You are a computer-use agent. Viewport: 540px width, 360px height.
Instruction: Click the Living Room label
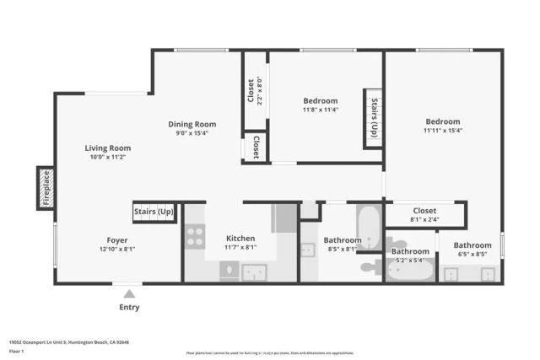108,148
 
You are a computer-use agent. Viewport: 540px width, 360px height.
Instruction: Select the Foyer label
117,239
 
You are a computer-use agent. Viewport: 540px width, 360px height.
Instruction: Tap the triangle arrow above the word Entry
129,293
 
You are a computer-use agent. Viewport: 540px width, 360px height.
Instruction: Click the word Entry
129,307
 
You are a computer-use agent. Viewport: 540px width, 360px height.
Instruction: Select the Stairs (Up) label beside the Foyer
154,211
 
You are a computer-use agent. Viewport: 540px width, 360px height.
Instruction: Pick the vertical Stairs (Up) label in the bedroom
374,118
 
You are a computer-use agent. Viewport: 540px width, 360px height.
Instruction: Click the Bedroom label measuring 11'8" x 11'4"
320,100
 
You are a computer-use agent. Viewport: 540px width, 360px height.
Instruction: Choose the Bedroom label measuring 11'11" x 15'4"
442,121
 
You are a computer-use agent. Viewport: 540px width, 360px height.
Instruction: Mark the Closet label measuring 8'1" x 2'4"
424,211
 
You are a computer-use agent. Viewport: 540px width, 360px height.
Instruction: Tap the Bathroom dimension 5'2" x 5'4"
410,260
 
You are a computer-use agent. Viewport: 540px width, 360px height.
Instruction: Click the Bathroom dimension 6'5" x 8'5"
472,254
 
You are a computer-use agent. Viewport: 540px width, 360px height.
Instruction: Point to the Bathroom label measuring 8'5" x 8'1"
343,240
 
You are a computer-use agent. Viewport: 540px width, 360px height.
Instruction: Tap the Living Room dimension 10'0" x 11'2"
108,157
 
